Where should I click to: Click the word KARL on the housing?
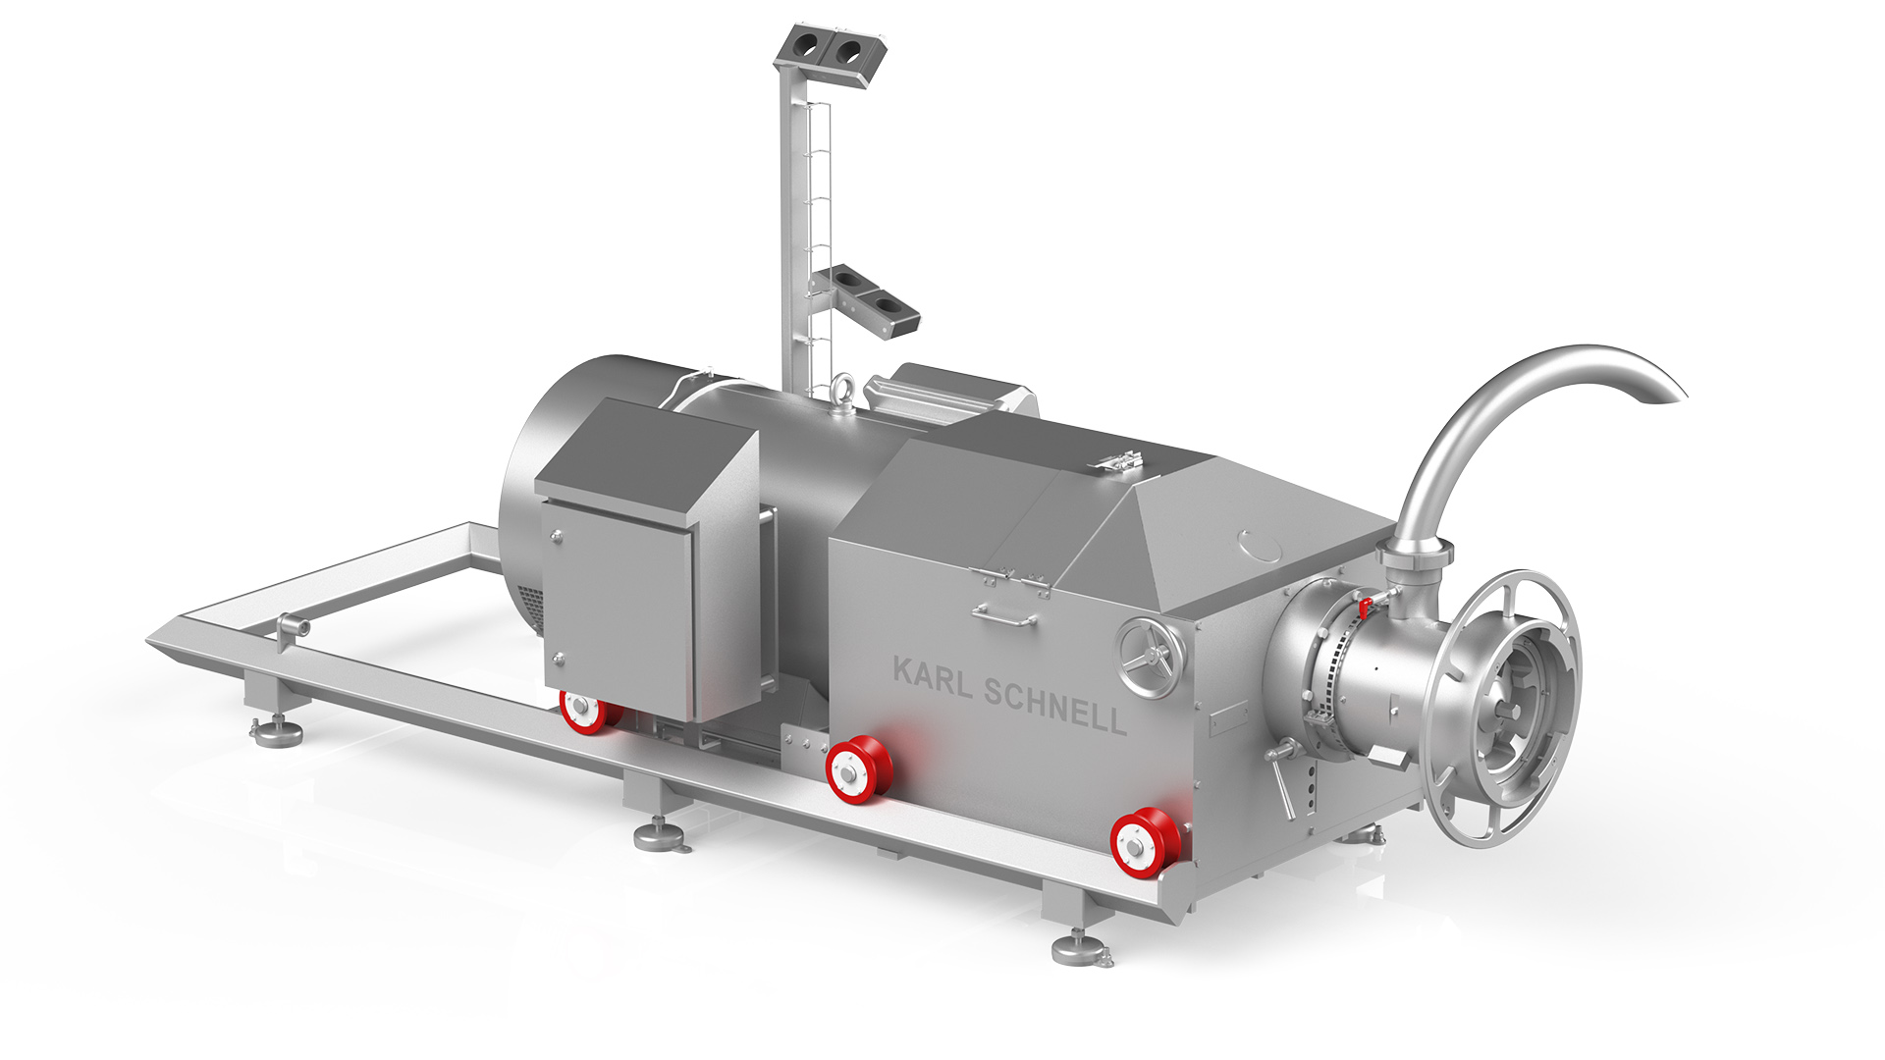pos(934,677)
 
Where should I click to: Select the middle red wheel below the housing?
pos(858,768)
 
